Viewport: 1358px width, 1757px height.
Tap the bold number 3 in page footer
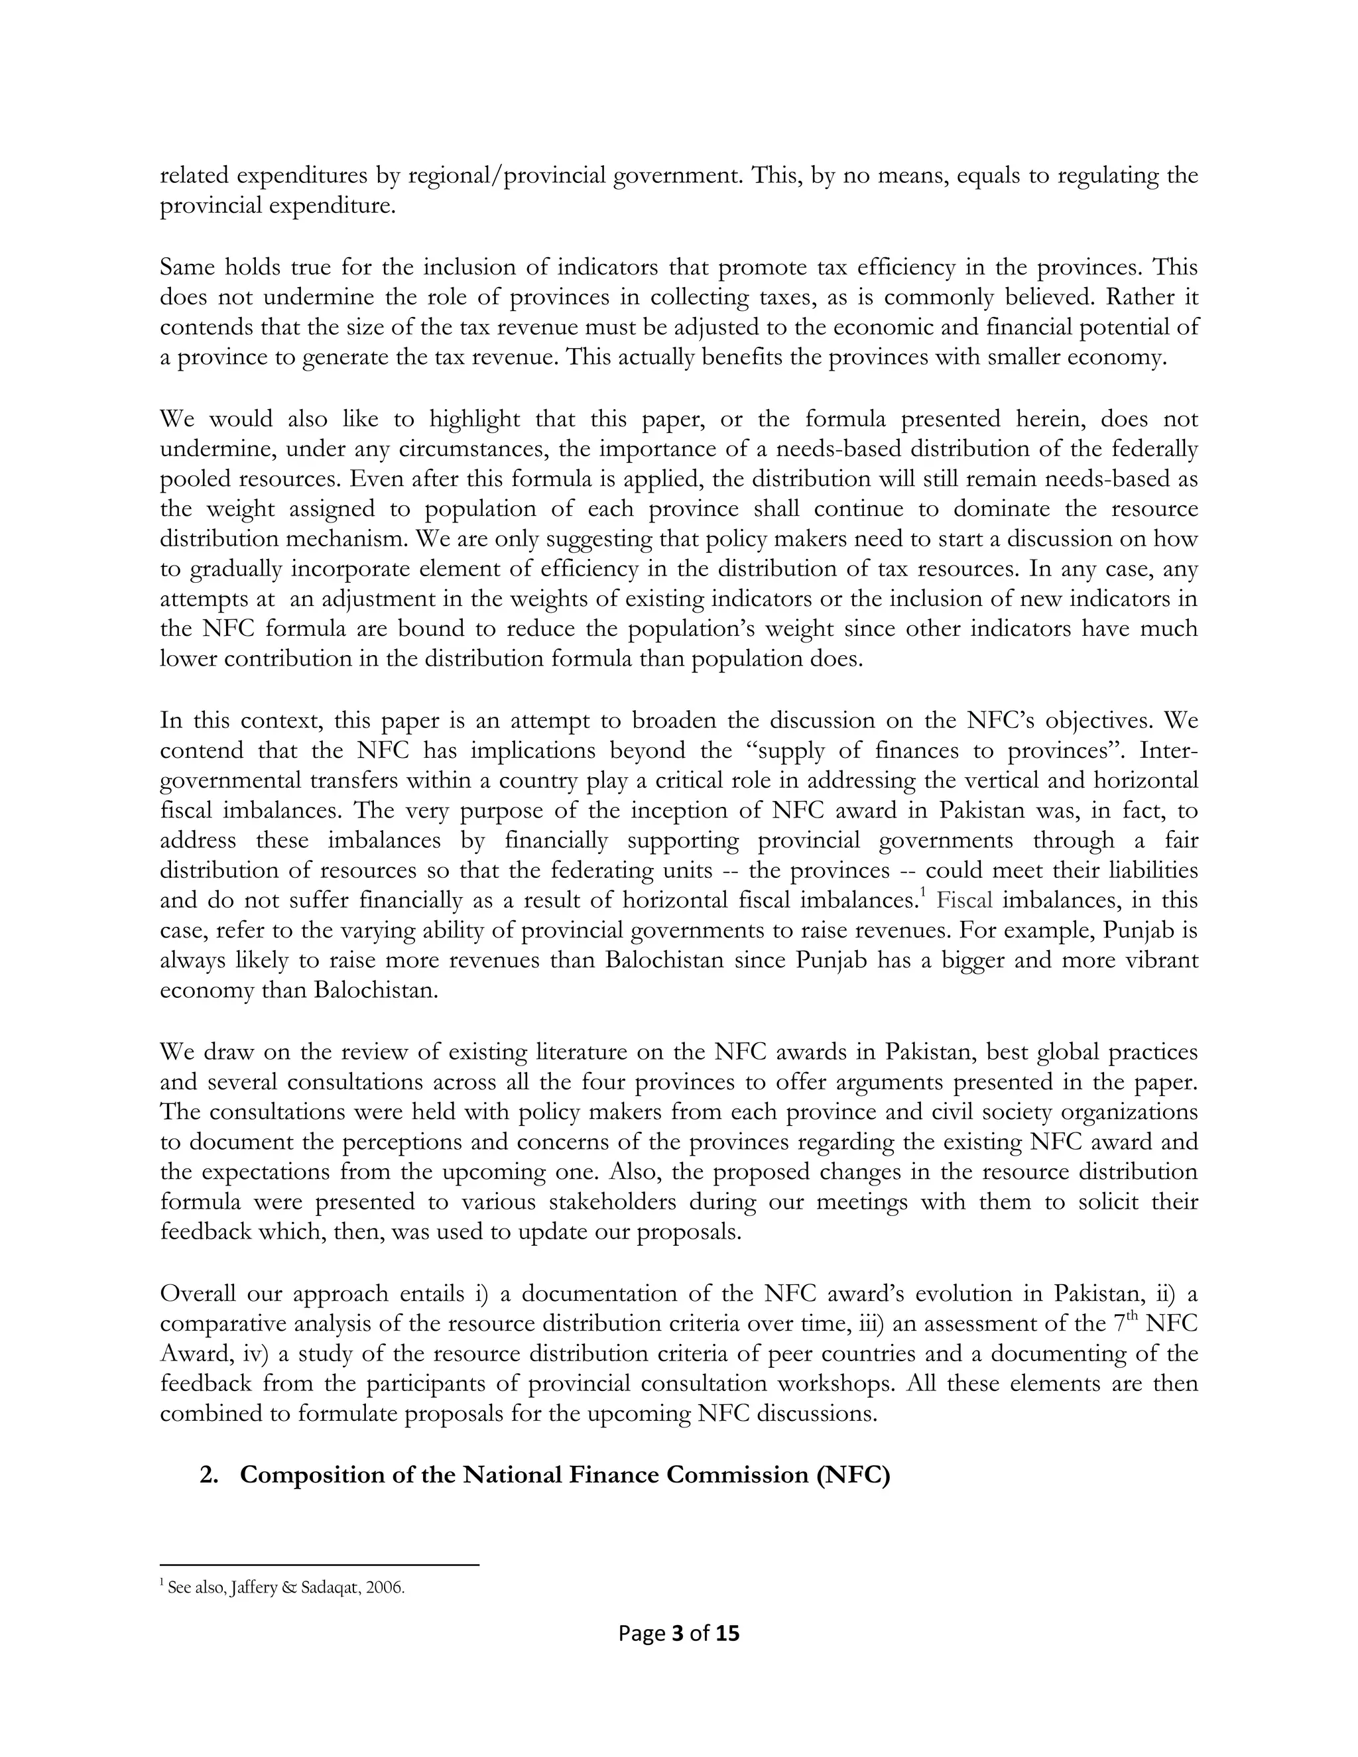pos(676,1633)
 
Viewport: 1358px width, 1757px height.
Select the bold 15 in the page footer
pos(727,1633)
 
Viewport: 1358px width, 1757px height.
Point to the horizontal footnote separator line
pos(320,1565)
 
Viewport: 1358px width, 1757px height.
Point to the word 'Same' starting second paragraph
pos(185,267)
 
